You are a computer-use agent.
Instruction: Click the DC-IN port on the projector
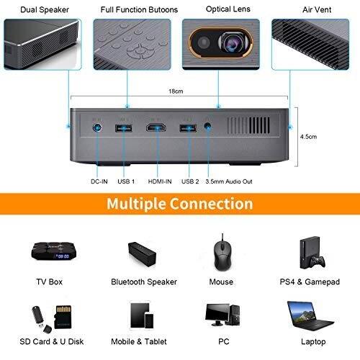(x=97, y=127)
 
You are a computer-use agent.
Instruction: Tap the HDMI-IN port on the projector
(x=156, y=127)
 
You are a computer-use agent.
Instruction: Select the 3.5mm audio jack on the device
(x=207, y=126)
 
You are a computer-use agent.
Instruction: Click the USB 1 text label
(x=126, y=181)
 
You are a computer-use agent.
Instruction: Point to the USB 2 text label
(x=190, y=181)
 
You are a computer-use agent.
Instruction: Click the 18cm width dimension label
(x=176, y=91)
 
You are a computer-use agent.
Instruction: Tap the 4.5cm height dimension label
(x=308, y=137)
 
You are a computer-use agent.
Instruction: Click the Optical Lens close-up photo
(x=221, y=45)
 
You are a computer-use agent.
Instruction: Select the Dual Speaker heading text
(x=45, y=10)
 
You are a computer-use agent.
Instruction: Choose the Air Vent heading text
(x=317, y=10)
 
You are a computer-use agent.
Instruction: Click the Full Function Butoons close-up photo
(x=132, y=45)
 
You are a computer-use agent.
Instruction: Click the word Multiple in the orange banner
(x=136, y=204)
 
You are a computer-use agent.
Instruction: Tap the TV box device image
(x=54, y=251)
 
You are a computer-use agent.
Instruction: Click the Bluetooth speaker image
(x=142, y=254)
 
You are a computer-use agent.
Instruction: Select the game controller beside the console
(x=317, y=262)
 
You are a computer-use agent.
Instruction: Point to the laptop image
(x=310, y=316)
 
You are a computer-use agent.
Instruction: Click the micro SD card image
(x=63, y=317)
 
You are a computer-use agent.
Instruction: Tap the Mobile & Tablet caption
(x=139, y=341)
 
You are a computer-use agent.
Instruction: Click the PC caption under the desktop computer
(x=224, y=341)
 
